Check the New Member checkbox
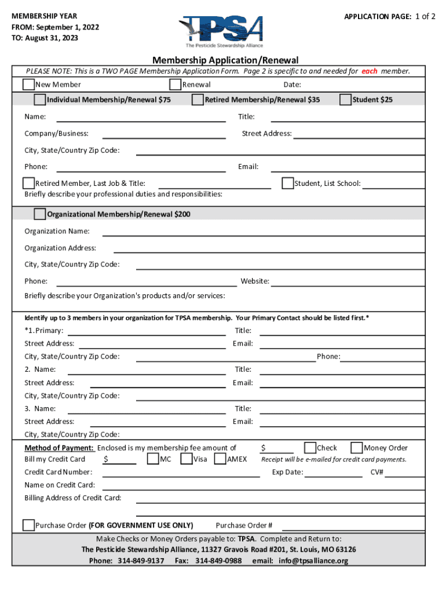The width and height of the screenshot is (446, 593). pos(28,85)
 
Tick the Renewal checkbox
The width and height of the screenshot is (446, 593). pos(175,85)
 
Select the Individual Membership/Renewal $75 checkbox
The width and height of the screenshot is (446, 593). pos(40,100)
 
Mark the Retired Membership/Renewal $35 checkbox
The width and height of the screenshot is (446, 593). pos(198,100)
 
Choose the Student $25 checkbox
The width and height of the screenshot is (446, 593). pos(346,100)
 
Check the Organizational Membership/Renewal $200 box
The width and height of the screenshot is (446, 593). pos(40,214)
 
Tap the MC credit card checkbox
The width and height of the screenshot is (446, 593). pos(153,459)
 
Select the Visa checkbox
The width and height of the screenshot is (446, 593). pos(187,459)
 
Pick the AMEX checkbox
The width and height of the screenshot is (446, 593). pos(220,459)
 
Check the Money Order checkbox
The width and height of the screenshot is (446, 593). pos(357,448)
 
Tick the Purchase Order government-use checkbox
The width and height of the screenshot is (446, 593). pos(28,525)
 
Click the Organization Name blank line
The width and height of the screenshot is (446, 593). pos(272,235)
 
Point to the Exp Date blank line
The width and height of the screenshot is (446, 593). pos(333,475)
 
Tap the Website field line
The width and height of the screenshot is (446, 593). pos(356,284)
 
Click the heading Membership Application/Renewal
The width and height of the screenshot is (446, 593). pos(225,60)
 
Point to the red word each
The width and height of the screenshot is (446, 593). pos(370,71)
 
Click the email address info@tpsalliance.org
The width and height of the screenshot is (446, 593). pos(313,561)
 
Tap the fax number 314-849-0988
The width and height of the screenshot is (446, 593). pos(218,561)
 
